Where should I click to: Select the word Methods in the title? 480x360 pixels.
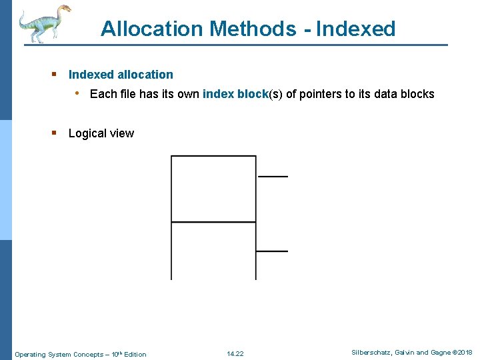pos(253,29)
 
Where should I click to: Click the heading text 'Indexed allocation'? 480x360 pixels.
pos(121,75)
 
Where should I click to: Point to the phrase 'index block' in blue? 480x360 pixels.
pos(235,94)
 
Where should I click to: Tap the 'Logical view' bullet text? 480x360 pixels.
pos(101,133)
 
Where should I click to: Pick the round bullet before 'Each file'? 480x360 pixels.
pos(78,93)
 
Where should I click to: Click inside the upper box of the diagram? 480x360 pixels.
pos(213,188)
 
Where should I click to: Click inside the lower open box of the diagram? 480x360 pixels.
pos(213,250)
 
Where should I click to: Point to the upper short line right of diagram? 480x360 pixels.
pos(273,177)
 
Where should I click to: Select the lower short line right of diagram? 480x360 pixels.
pos(272,251)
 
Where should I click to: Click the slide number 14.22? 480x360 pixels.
pos(235,353)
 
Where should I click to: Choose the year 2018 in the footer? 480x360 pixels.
pos(464,353)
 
